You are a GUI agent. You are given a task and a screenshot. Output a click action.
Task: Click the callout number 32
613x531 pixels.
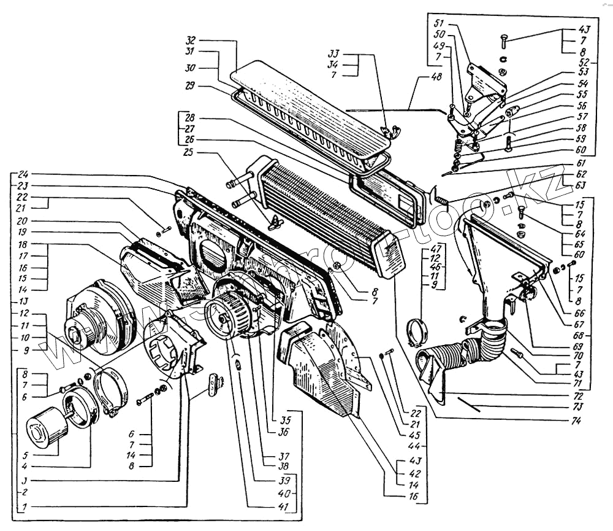(192, 40)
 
